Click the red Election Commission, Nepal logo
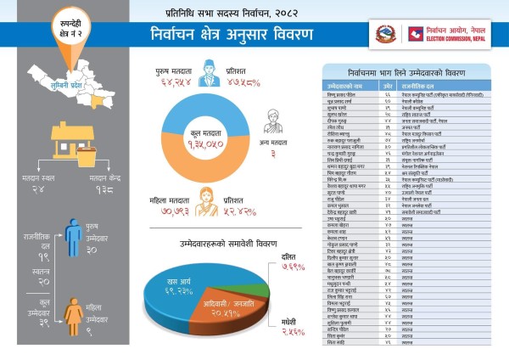coord(417,34)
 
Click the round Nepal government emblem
coord(386,34)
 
